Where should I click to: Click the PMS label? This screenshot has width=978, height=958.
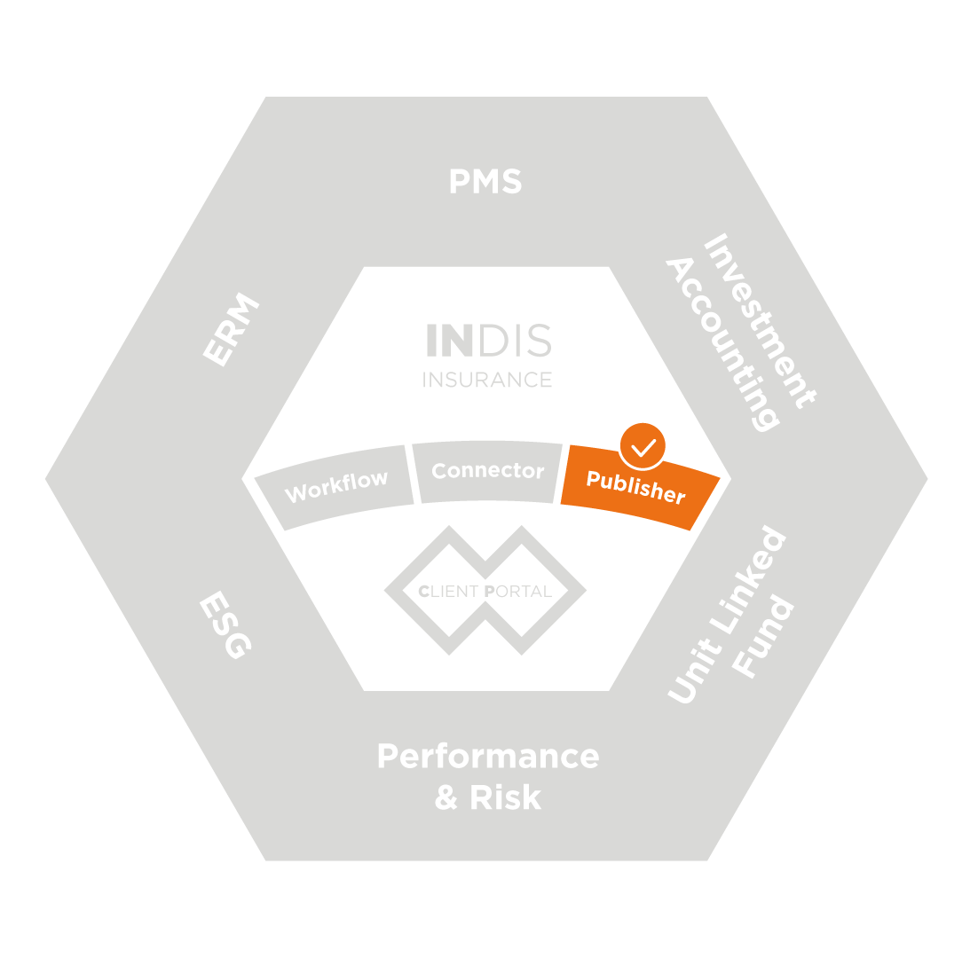(x=485, y=182)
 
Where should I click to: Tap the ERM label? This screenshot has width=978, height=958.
(x=231, y=329)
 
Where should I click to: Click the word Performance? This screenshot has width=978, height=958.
(x=488, y=757)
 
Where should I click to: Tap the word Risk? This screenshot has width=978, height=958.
(x=505, y=797)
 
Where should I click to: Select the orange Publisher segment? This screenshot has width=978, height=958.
(x=635, y=489)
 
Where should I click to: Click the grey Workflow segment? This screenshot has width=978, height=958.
(x=336, y=486)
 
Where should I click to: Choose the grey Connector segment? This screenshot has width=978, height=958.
(x=487, y=471)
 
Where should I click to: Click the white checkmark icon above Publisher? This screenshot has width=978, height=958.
(x=643, y=447)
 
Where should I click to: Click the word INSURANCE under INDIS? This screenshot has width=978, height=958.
(x=486, y=380)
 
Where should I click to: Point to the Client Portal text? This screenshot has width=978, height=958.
(x=485, y=591)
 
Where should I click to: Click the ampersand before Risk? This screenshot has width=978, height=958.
(x=446, y=797)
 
